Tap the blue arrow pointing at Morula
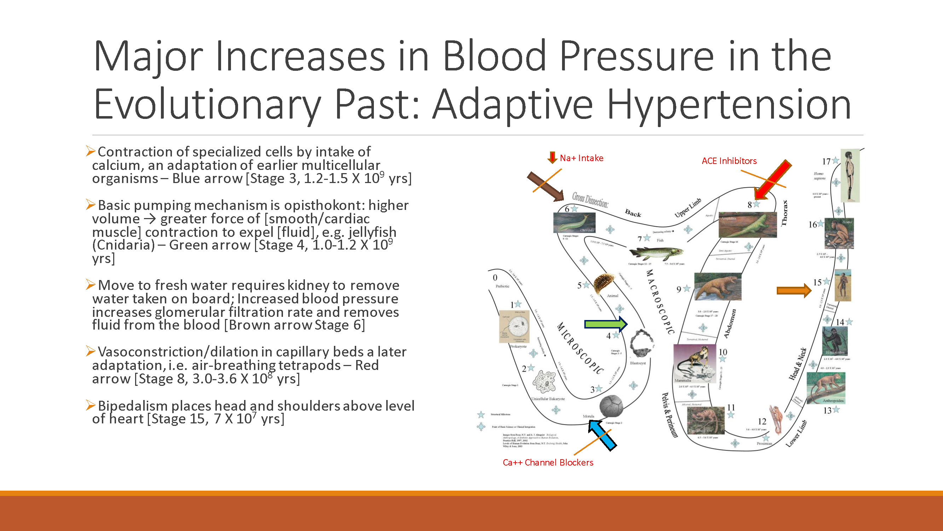click(x=602, y=435)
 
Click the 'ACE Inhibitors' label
click(x=729, y=161)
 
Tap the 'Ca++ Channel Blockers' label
click(x=548, y=462)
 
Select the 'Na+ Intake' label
click(x=581, y=158)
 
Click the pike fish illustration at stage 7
click(x=656, y=252)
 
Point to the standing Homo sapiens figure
click(x=850, y=175)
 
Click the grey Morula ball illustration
click(x=611, y=406)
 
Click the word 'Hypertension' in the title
click(x=729, y=104)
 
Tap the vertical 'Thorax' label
click(x=784, y=213)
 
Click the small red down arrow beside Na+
click(x=552, y=157)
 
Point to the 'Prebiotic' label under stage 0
click(x=502, y=286)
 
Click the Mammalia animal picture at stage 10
click(x=694, y=363)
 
